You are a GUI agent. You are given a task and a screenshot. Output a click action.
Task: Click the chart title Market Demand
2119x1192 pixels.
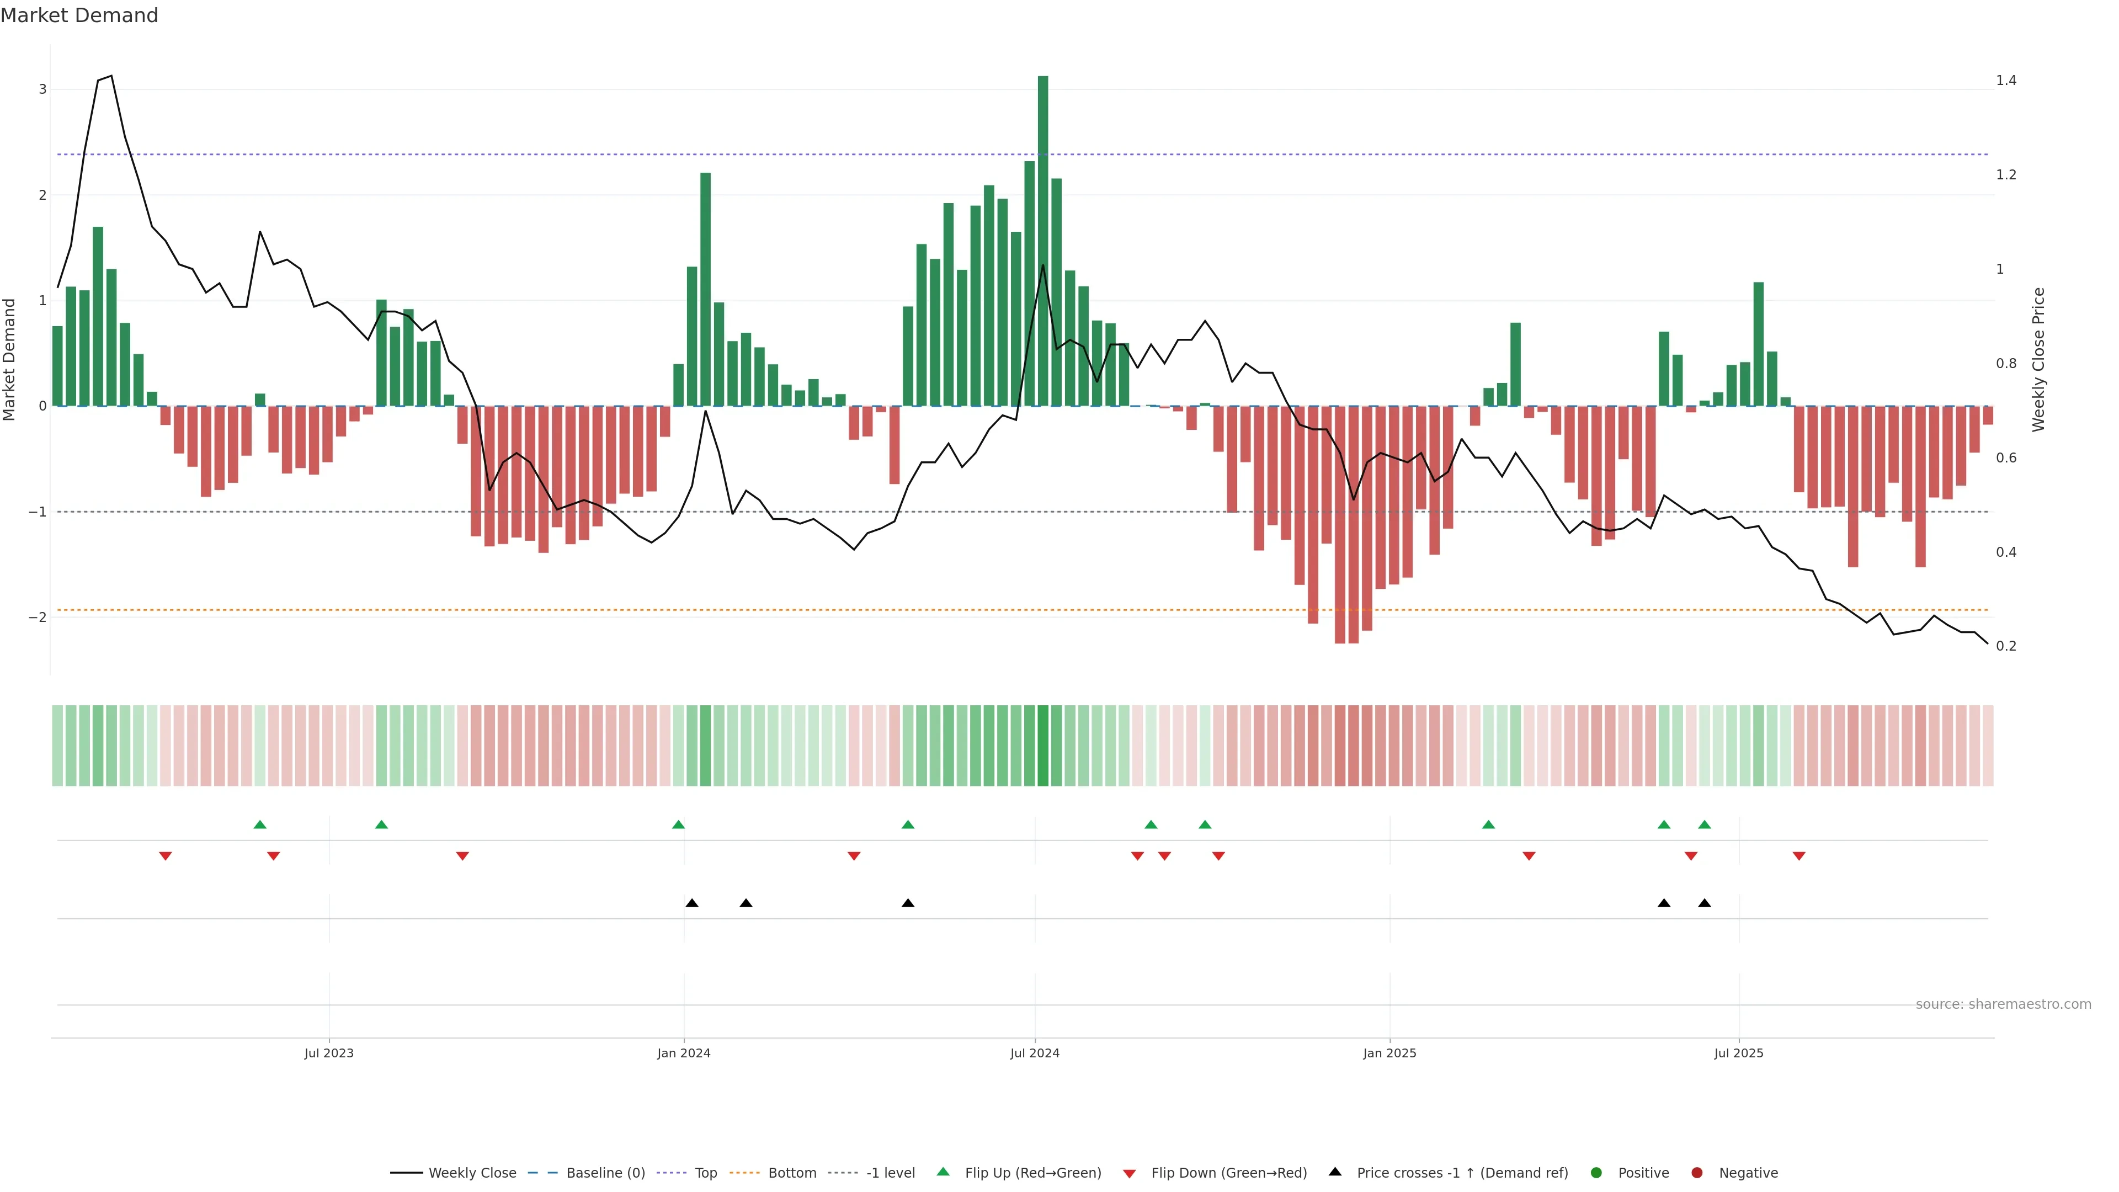(79, 15)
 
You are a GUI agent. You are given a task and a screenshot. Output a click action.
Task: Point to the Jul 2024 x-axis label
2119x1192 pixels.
(1034, 1053)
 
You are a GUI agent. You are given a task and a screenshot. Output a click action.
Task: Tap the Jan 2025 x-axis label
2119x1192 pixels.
(1389, 1053)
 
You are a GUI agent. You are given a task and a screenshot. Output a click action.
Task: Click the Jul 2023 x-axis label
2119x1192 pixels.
(328, 1053)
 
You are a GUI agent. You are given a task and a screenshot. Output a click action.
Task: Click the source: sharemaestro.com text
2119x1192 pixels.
(2003, 1004)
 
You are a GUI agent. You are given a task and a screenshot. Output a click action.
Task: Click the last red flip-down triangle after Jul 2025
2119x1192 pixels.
(1799, 856)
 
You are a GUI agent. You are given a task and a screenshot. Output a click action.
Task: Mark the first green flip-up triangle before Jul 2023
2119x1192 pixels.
(260, 824)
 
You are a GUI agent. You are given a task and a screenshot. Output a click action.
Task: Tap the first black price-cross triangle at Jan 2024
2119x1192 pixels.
(692, 903)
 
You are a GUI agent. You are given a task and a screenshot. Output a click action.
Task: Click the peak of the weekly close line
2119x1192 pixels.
(111, 76)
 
